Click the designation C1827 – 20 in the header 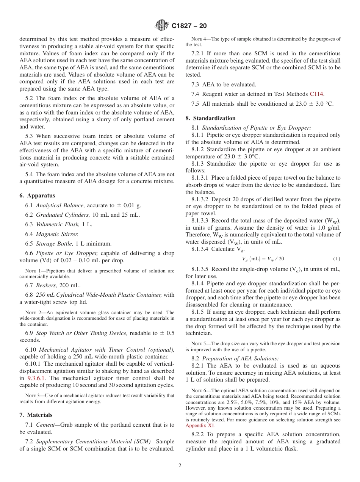coord(189,26)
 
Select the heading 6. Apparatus coord(37,196)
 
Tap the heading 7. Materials coord(36,415)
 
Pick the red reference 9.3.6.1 coord(38,378)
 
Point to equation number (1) coord(337,259)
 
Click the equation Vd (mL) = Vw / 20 coord(263,259)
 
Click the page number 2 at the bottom coord(180,466)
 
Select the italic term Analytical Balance coord(61,205)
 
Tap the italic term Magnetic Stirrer coord(57,234)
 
